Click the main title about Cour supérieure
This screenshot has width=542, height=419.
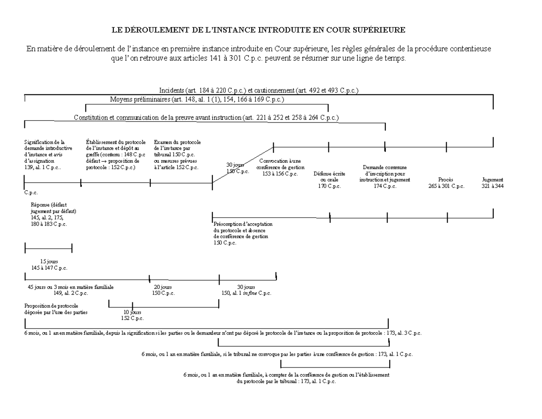pyautogui.click(x=259, y=30)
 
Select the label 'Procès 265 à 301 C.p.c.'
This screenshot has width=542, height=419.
pyautogui.click(x=446, y=183)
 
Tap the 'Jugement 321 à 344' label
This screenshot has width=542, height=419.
pyautogui.click(x=492, y=183)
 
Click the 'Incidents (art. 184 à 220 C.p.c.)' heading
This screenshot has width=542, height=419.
pyautogui.click(x=259, y=90)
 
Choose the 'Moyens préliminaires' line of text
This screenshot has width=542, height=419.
pyautogui.click(x=197, y=99)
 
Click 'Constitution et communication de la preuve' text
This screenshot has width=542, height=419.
pyautogui.click(x=206, y=118)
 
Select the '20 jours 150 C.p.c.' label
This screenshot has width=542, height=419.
pyautogui.click(x=163, y=290)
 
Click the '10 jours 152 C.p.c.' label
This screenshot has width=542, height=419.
pyautogui.click(x=132, y=315)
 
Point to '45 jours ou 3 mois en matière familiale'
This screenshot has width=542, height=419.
pyautogui.click(x=71, y=290)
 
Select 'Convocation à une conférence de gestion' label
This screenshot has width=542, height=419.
pyautogui.click(x=280, y=167)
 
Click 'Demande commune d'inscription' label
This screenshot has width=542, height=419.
pyautogui.click(x=384, y=177)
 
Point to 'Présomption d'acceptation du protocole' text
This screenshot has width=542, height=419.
pyautogui.click(x=243, y=233)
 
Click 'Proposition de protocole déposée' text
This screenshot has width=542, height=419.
pyautogui.click(x=56, y=309)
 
